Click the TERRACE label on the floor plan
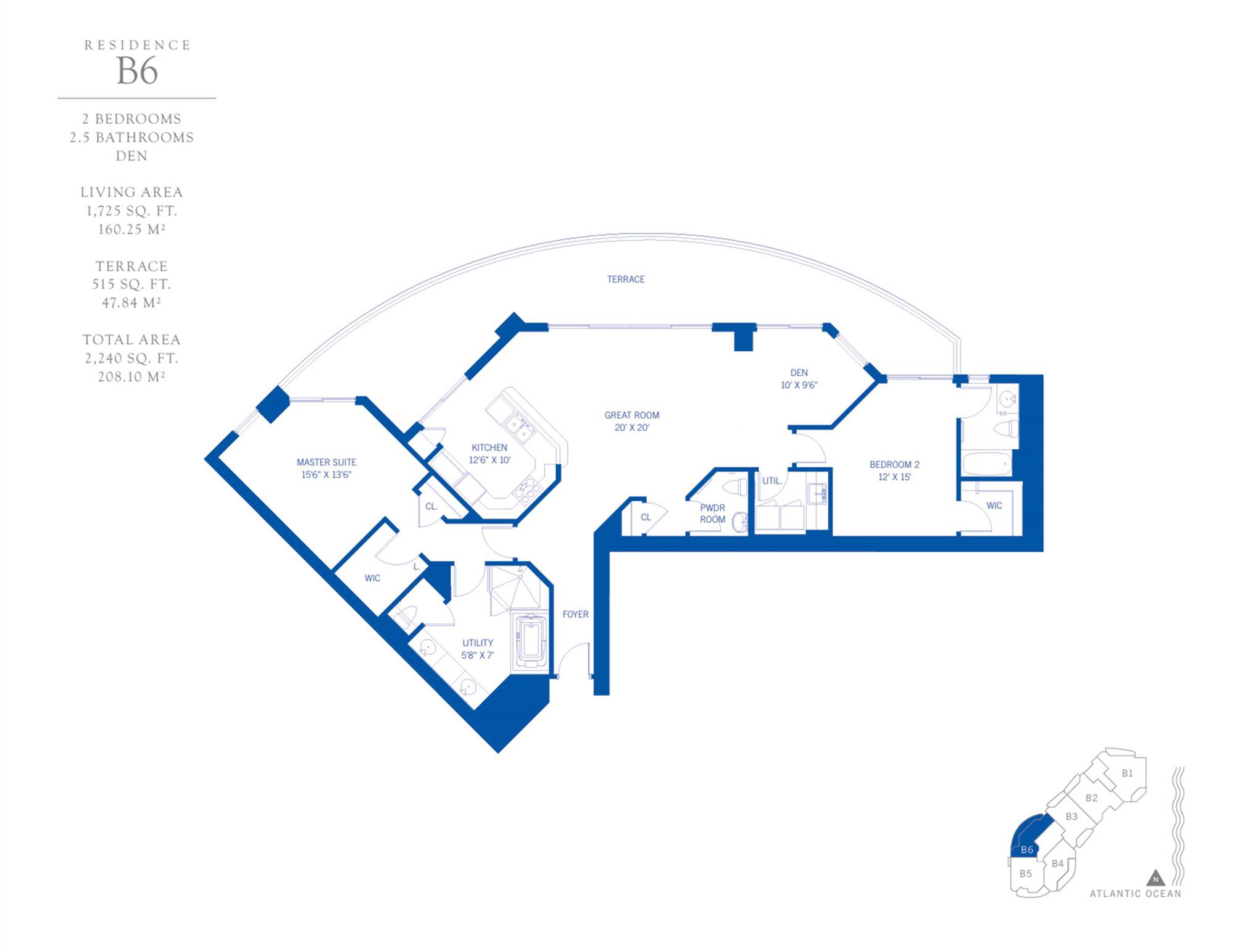click(625, 279)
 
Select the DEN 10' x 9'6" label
click(799, 378)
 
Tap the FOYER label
click(575, 614)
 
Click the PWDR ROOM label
click(712, 513)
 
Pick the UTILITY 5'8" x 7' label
click(477, 649)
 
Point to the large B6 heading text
click(137, 71)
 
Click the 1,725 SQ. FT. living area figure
click(131, 211)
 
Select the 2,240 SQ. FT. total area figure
click(131, 358)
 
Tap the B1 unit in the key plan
click(1127, 773)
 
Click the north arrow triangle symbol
click(1155, 878)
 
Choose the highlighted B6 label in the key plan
click(1026, 849)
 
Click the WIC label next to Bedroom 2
click(994, 505)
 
